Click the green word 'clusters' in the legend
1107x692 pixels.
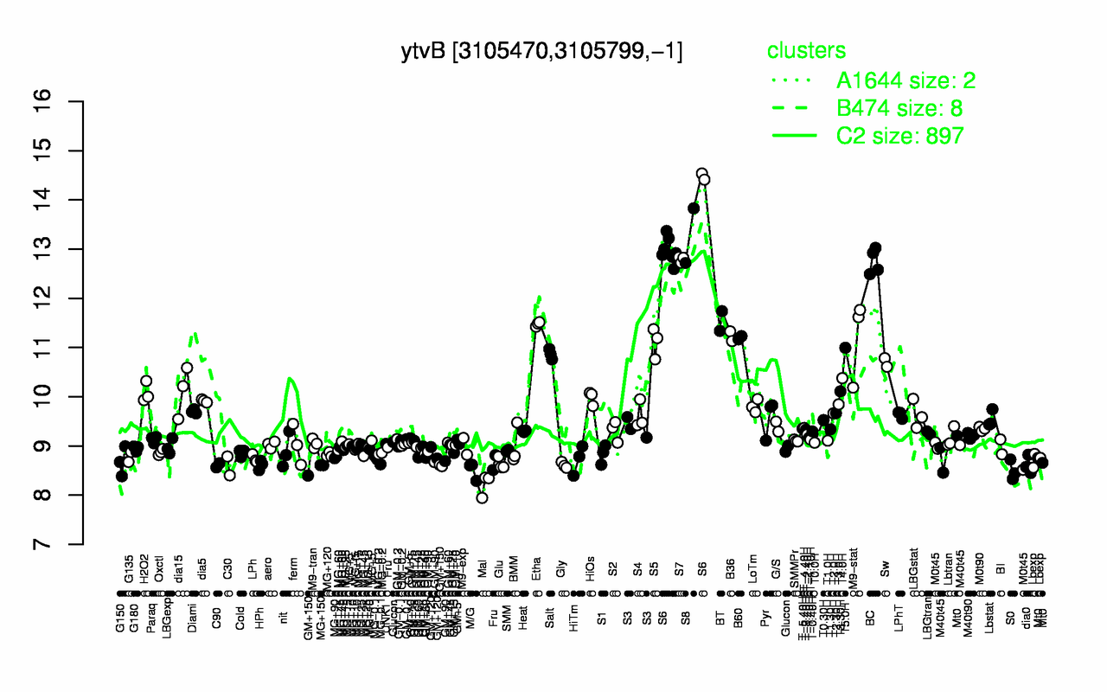[807, 51]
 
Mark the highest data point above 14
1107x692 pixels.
[701, 174]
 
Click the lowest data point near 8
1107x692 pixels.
[483, 497]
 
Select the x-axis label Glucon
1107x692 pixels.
[785, 624]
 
